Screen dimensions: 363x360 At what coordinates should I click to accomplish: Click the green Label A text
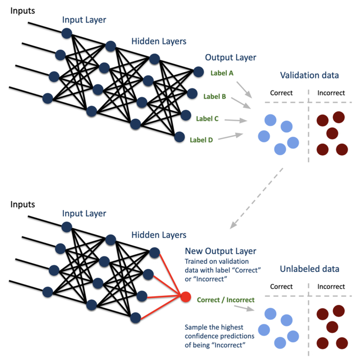coord(222,73)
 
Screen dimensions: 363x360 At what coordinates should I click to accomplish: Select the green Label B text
coord(214,96)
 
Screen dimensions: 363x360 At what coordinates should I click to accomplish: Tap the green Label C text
coord(207,119)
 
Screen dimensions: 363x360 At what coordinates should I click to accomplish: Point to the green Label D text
coord(201,139)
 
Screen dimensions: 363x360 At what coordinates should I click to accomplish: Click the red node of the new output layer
coord(186,297)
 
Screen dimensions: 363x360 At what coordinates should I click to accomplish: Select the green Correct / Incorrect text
coord(226,300)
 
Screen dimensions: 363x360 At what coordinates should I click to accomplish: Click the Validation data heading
coord(309,76)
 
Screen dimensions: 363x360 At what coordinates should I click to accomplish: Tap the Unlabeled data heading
coord(310,269)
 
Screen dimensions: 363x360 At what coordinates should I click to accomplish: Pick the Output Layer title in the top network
coord(230,58)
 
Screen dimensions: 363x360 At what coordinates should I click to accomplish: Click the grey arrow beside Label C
coord(236,121)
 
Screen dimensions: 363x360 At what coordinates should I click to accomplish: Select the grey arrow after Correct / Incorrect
coord(244,307)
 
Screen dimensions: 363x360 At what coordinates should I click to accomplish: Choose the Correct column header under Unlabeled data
coord(281,286)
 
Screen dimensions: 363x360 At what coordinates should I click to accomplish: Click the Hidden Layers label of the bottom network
coord(158,235)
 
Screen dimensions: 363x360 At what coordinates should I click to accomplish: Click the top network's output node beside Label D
coord(179,137)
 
